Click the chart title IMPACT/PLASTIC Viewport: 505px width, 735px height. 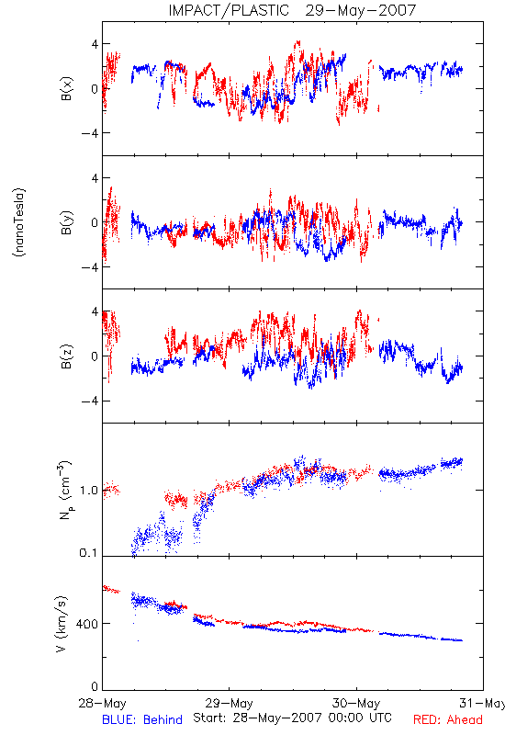point(229,10)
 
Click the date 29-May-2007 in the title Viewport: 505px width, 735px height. point(360,10)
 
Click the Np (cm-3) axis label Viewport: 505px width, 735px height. point(65,490)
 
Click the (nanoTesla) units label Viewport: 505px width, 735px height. point(19,222)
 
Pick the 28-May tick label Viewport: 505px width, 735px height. point(102,703)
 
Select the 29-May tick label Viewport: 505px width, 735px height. point(229,703)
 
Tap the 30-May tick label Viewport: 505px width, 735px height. point(356,703)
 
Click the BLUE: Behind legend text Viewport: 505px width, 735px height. point(142,719)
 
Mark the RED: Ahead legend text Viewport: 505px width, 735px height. point(448,719)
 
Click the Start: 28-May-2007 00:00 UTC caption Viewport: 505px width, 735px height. point(292,718)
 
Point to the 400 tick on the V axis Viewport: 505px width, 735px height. point(88,624)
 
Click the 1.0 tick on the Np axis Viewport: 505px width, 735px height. point(89,491)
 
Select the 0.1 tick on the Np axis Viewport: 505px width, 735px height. point(89,553)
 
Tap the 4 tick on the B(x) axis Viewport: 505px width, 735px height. point(95,44)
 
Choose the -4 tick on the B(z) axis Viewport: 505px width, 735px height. point(90,401)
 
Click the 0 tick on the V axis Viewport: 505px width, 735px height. point(95,686)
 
